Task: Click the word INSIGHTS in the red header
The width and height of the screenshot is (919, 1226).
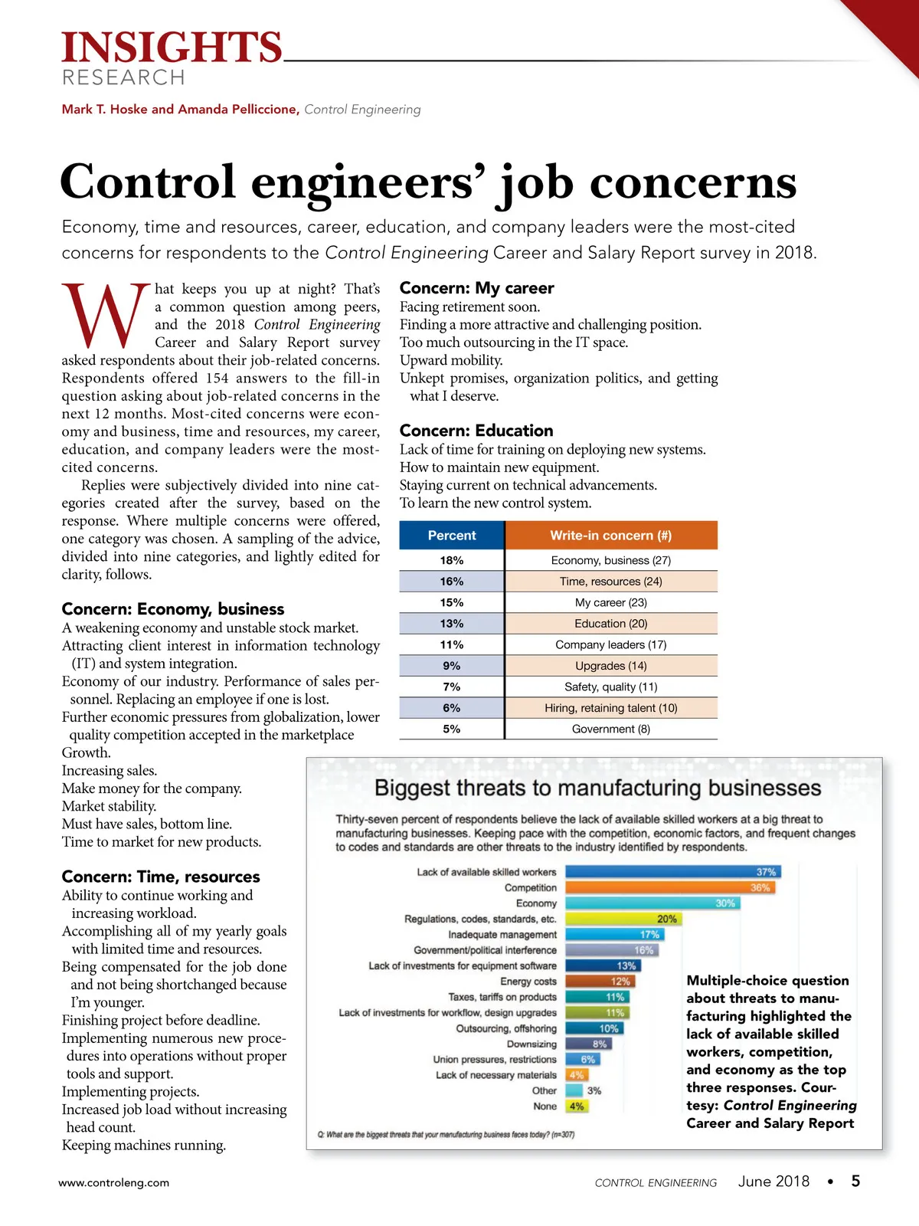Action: [172, 48]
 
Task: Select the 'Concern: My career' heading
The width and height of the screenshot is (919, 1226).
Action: [476, 288]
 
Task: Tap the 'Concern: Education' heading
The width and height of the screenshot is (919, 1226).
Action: [476, 431]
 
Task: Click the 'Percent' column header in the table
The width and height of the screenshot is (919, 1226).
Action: [452, 536]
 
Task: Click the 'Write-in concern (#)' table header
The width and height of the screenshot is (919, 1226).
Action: [610, 536]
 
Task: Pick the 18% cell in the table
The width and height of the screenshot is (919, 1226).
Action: [452, 560]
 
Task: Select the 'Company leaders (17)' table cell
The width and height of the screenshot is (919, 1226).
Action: [610, 644]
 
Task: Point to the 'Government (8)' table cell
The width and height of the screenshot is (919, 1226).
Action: [610, 729]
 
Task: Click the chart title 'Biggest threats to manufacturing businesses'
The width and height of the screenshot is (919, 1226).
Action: [597, 788]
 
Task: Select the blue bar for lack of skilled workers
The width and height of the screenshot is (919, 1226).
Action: [672, 872]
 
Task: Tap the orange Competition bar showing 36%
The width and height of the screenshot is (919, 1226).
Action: [669, 887]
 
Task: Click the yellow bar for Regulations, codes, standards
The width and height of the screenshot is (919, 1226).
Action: [622, 919]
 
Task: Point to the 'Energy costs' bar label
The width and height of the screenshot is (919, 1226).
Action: [528, 982]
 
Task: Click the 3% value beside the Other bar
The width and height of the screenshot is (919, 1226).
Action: [594, 1090]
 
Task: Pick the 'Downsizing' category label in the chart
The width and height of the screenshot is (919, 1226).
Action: [531, 1044]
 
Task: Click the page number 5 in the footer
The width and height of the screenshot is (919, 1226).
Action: [855, 1181]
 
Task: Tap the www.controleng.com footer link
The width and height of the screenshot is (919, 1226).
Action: [114, 1182]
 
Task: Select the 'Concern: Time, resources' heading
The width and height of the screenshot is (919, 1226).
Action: [161, 877]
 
